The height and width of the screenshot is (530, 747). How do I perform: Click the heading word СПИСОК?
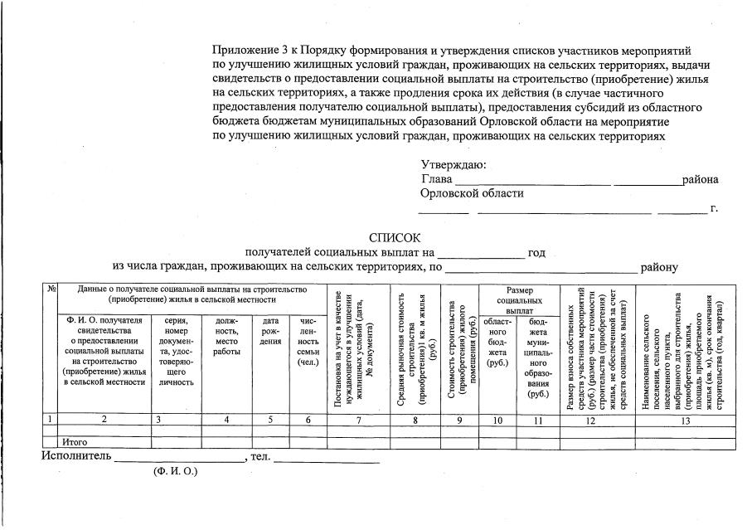coord(395,238)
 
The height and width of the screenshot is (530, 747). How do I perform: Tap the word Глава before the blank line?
coord(436,179)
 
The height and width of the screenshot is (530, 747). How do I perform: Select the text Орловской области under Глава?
coord(472,193)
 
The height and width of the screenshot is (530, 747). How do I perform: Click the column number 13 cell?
coord(685,420)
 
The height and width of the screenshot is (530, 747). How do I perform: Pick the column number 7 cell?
coord(357,420)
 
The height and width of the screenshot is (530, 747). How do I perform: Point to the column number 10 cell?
coord(497,420)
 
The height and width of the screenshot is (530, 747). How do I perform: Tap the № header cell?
coord(51,289)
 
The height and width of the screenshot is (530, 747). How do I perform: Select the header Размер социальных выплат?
coord(519,300)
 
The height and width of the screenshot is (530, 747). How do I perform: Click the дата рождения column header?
coord(270,331)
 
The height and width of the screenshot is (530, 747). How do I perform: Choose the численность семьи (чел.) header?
coord(308,341)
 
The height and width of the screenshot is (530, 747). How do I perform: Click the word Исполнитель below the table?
coord(75,456)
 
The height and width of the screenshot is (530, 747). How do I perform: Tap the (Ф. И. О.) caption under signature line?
coord(174,471)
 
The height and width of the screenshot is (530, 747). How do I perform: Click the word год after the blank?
coord(536,252)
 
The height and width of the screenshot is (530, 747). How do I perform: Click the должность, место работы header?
coord(226,336)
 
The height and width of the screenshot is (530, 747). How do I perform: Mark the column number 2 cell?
coord(104,420)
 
